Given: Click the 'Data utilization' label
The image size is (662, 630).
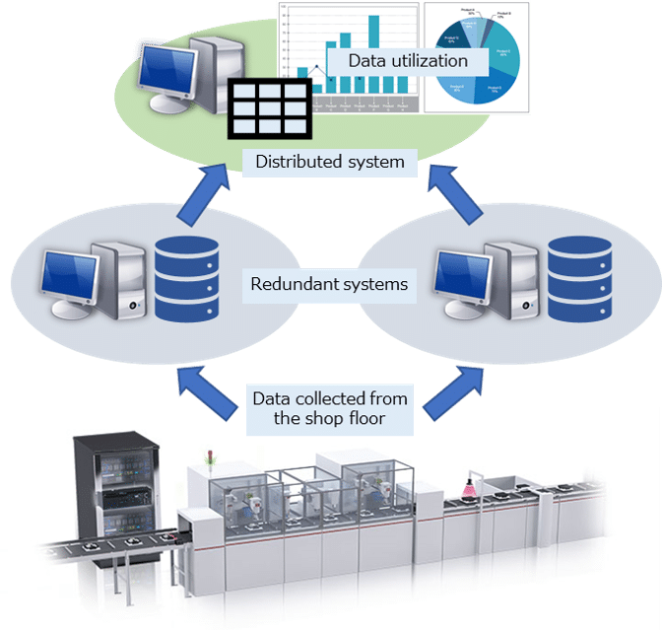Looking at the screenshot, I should point(407,61).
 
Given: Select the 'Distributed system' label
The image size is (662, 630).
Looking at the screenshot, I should point(330,162).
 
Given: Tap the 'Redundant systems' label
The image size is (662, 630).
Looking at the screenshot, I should point(330,284).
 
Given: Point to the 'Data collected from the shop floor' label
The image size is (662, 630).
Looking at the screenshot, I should point(330,408).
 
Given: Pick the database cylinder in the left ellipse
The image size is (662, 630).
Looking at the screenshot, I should point(186,278).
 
